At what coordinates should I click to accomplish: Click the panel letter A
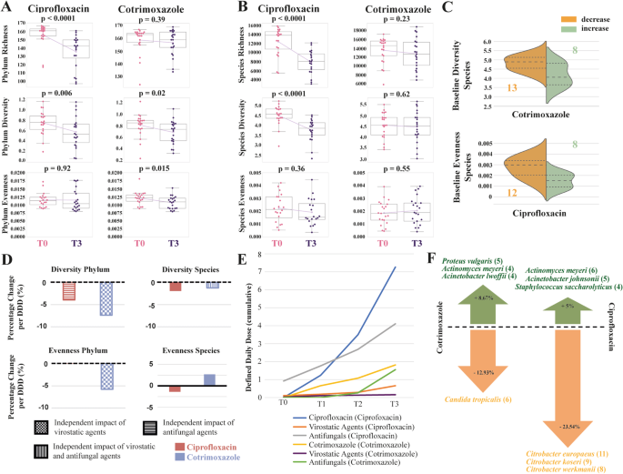pyautogui.click(x=6, y=8)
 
